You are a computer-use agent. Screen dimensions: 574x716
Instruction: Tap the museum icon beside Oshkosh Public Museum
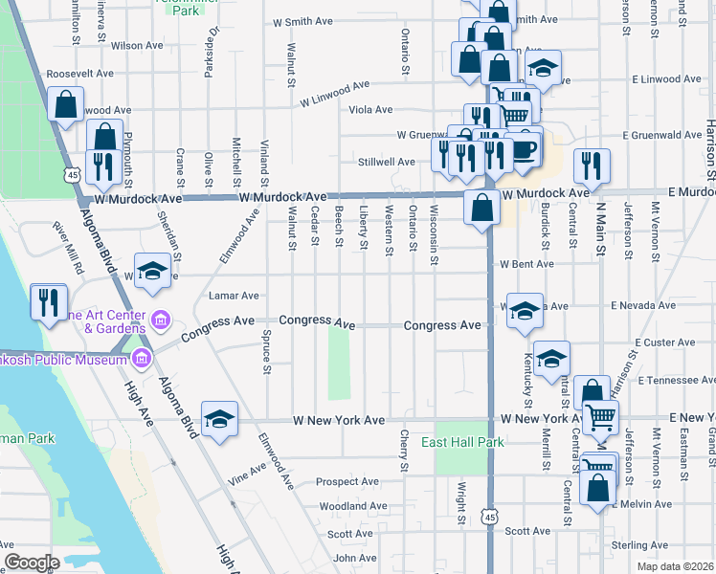tap(143, 360)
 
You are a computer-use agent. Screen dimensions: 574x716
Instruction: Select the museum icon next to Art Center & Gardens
tap(161, 318)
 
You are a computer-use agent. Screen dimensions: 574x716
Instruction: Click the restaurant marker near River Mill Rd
tap(45, 302)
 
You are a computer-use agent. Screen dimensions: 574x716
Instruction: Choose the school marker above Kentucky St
tap(551, 359)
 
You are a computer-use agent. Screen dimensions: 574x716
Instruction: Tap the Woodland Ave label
tap(353, 506)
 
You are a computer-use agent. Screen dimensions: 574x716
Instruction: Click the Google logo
tap(32, 563)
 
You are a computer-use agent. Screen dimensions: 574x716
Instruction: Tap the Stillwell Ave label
tap(386, 162)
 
